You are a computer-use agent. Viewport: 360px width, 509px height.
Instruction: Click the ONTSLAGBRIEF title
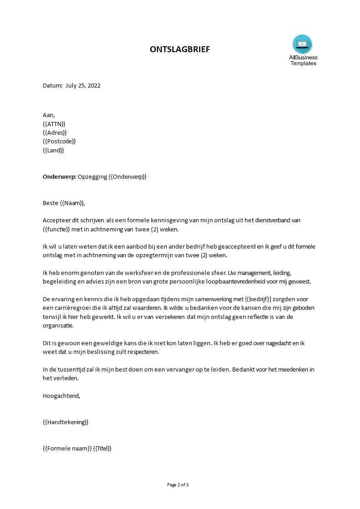180,49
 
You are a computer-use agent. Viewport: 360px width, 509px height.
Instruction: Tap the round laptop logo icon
302,44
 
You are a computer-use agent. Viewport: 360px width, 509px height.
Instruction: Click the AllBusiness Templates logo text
303,60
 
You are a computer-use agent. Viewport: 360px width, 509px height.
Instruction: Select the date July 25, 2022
83,85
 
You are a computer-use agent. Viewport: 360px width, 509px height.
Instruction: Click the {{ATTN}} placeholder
54,124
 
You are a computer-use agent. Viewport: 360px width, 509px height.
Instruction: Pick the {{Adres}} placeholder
54,132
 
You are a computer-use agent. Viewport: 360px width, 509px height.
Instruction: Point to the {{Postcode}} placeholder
59,142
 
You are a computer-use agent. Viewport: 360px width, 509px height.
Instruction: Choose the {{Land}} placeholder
53,150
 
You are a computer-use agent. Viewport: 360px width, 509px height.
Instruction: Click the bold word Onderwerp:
59,176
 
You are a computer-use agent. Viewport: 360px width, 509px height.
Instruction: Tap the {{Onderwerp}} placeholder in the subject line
128,176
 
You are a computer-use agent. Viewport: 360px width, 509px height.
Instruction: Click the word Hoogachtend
61,396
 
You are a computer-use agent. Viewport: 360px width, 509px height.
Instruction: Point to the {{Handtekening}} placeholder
65,422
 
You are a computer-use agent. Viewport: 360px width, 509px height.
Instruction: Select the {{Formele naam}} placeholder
67,448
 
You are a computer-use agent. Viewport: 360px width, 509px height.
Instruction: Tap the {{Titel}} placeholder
102,448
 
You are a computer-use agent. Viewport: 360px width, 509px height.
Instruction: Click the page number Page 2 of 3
178,485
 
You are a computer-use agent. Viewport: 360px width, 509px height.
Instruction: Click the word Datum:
52,85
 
